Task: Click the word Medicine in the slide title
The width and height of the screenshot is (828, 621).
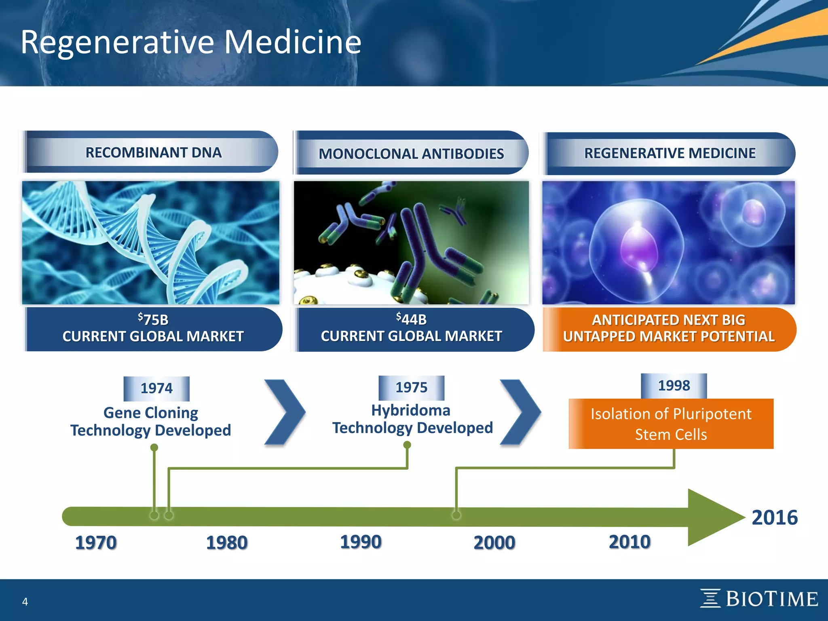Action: click(292, 42)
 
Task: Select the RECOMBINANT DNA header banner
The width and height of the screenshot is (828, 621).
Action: click(154, 152)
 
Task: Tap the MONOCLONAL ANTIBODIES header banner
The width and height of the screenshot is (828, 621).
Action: click(411, 154)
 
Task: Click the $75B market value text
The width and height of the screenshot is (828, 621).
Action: click(153, 319)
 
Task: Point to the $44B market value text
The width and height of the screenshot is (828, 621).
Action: click(412, 319)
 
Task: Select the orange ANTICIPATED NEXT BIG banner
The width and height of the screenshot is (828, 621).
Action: click(669, 329)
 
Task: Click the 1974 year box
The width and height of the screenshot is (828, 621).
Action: click(156, 388)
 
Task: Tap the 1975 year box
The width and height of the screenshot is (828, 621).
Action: click(411, 387)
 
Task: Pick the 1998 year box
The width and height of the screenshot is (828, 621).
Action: click(674, 385)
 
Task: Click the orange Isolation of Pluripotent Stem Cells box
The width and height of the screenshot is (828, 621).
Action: click(671, 424)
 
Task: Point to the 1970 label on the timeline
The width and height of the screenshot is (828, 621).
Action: click(96, 543)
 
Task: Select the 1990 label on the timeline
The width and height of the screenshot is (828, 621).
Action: click(361, 542)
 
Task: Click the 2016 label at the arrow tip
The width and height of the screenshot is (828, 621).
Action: click(774, 517)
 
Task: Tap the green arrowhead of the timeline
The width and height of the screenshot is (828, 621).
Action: click(712, 517)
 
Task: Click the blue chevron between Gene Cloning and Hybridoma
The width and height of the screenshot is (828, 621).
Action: click(285, 412)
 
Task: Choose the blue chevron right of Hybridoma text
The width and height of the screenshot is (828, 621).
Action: click(521, 412)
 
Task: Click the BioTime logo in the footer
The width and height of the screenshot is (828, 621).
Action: click(759, 599)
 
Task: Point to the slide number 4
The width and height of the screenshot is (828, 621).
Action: click(25, 602)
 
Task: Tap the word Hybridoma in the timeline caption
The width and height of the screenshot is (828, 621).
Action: click(411, 410)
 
